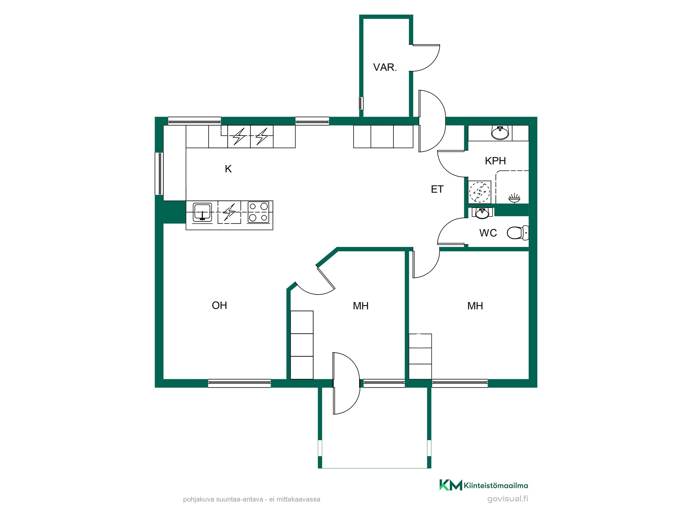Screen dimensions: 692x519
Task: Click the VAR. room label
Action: [385, 67]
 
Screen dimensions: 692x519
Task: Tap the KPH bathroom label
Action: [495, 161]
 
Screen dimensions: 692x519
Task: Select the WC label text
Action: [488, 233]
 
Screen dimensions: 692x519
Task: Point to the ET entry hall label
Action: [437, 189]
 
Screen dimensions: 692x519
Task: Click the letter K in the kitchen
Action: [228, 169]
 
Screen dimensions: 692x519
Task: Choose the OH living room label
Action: [219, 305]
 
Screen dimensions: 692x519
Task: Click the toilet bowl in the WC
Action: [518, 233]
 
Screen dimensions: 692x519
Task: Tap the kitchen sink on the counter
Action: [202, 212]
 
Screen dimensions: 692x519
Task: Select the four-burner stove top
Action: [258, 212]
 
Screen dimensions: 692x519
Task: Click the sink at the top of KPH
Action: [500, 132]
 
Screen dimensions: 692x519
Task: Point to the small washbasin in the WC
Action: [482, 213]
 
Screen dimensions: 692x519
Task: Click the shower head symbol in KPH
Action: [514, 198]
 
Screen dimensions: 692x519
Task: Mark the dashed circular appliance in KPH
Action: [480, 192]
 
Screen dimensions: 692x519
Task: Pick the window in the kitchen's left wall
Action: [159, 173]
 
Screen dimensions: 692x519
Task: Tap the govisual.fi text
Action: [508, 499]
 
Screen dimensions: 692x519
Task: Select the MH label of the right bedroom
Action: [475, 306]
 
